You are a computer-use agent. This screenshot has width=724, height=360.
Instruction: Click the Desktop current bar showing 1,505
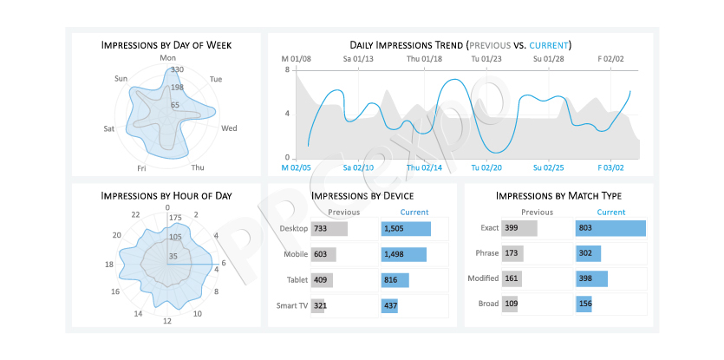coord(406,229)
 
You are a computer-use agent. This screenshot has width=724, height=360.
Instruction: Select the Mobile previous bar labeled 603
coord(323,255)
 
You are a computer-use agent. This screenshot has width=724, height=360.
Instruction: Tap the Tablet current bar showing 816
coord(395,280)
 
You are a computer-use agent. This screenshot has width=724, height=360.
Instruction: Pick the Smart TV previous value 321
coord(320,305)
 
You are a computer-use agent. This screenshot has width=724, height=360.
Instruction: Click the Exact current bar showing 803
coord(611,228)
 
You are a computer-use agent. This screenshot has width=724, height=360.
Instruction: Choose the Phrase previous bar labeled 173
coord(512,253)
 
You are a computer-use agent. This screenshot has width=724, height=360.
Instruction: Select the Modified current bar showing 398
coord(592,278)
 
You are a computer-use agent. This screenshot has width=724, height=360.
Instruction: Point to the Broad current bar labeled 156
coord(584,304)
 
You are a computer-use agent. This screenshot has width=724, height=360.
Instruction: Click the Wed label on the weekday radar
coord(229,128)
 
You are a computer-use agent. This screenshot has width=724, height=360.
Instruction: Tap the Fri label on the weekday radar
coord(141,168)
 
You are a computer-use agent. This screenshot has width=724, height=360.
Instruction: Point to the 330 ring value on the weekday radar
coord(177,69)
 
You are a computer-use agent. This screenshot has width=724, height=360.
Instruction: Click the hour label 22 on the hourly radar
coord(135,214)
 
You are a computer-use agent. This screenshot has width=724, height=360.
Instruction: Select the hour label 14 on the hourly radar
coord(138,314)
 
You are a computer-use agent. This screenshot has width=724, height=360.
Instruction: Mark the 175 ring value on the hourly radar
coord(176,218)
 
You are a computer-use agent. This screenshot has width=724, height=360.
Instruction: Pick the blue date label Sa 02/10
coord(358,167)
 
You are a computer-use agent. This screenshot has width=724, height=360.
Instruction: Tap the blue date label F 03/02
coord(611,167)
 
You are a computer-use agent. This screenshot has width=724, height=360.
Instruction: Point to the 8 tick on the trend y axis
coord(287,70)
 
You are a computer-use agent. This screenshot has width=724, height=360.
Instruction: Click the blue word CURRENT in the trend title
coord(549,45)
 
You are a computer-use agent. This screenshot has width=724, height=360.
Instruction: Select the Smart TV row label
coord(292,305)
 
